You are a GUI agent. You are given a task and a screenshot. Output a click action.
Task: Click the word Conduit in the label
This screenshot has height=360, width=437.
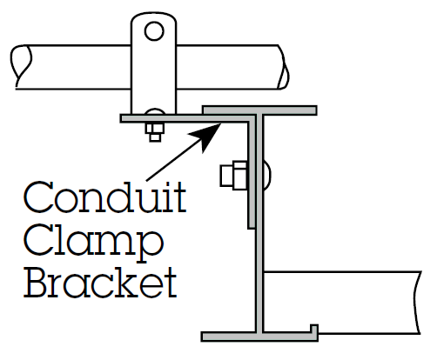(x=104, y=197)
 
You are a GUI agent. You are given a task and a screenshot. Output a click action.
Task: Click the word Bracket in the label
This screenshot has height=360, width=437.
(x=100, y=283)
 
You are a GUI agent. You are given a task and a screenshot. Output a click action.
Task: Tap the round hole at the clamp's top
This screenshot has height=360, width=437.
(x=154, y=30)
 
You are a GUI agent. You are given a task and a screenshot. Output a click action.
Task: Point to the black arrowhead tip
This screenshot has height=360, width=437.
(x=221, y=123)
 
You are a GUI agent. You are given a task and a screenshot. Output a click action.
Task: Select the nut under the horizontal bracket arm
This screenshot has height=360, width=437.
(x=155, y=132)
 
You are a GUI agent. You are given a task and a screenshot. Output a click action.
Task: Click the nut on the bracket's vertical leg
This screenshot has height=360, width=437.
(x=234, y=176)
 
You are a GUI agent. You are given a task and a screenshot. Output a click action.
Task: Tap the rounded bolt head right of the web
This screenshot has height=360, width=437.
(x=267, y=176)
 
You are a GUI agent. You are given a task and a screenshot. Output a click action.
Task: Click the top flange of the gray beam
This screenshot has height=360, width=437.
(x=259, y=110)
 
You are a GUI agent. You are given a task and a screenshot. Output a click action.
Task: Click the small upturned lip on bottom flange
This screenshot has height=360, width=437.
(x=314, y=330)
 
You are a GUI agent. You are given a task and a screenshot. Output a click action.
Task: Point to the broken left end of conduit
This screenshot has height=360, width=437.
(x=21, y=67)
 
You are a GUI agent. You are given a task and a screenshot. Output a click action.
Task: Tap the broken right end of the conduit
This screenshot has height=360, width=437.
(x=283, y=67)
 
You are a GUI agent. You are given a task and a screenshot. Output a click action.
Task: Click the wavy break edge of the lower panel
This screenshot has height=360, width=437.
(x=418, y=303)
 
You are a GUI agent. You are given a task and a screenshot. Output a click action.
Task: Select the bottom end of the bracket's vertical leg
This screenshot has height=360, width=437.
(x=252, y=228)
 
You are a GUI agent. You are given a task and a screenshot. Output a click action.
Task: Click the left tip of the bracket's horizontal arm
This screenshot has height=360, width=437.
(x=121, y=118)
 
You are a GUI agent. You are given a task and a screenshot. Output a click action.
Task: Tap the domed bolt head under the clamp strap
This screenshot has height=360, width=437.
(x=155, y=112)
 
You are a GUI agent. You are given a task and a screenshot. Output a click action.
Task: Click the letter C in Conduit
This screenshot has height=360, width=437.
(x=37, y=197)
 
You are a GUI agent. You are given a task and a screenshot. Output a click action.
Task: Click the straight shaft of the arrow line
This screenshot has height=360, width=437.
(x=175, y=159)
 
